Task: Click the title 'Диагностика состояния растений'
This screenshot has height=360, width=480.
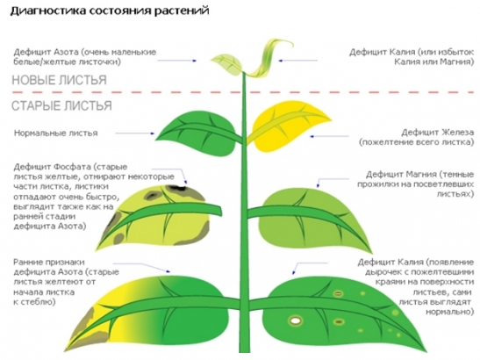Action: (x=110, y=11)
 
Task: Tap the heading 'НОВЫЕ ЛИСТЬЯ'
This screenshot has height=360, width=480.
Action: (x=59, y=80)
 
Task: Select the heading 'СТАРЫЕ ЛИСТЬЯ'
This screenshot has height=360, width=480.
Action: (x=61, y=105)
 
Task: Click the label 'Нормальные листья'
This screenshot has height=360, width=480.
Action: (x=55, y=133)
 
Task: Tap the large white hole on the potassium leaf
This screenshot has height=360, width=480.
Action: (x=295, y=320)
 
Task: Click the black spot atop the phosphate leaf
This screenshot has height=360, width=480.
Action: (x=176, y=187)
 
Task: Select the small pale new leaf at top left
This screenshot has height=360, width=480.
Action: (x=226, y=64)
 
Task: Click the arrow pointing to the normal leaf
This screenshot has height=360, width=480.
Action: (x=135, y=133)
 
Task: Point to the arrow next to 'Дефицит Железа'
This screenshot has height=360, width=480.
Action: (x=329, y=136)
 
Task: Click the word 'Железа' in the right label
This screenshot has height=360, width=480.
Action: (x=458, y=133)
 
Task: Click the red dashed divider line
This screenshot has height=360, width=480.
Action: (x=243, y=92)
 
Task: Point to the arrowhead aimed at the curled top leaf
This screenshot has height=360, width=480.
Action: (x=280, y=61)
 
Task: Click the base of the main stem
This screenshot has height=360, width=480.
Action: (x=244, y=349)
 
